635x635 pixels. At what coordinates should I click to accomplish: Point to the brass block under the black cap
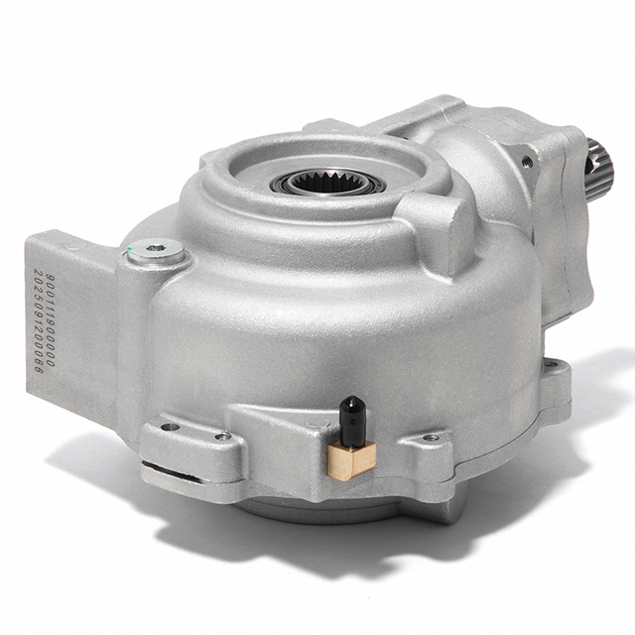(x=351, y=457)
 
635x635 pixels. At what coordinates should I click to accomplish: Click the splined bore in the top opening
(x=331, y=183)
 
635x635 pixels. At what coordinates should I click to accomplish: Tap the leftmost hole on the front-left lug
(x=170, y=428)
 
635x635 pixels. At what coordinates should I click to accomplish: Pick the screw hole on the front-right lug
(x=431, y=438)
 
